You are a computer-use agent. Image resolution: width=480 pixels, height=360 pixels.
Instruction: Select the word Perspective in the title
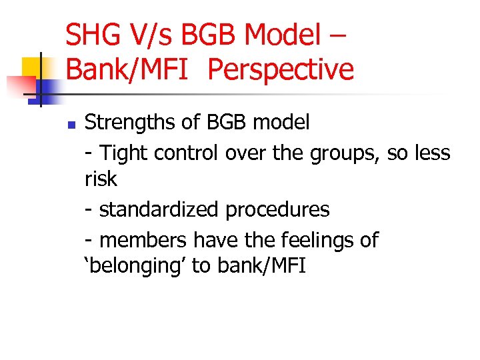(281, 69)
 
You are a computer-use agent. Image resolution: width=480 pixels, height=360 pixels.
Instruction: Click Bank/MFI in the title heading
(131, 69)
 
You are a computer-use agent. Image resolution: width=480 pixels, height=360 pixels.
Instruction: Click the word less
(433, 153)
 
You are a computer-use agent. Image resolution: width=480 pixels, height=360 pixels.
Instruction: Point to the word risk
(101, 179)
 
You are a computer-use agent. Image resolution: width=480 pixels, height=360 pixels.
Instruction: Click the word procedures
(277, 209)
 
